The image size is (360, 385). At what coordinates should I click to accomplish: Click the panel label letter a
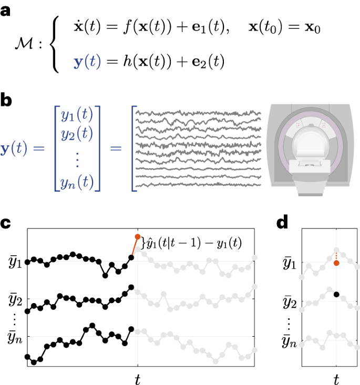(x=7, y=11)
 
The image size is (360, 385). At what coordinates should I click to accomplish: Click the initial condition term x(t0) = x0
(x=284, y=27)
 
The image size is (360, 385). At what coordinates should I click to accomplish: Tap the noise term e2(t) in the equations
(x=207, y=63)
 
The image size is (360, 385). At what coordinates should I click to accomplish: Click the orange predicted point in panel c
(x=138, y=237)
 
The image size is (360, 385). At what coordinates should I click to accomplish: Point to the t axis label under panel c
(x=138, y=377)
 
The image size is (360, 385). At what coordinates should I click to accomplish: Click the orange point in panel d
(x=336, y=263)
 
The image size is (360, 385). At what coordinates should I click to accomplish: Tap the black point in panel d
(x=336, y=294)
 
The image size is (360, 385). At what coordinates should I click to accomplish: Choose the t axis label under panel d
(x=336, y=377)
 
